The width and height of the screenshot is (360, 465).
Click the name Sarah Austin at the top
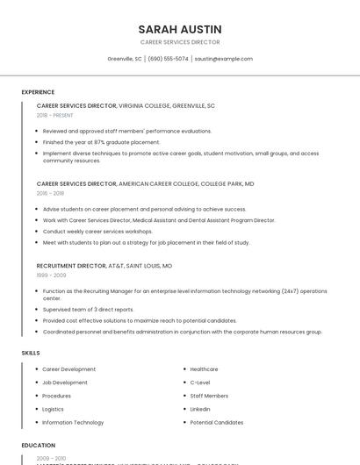180,29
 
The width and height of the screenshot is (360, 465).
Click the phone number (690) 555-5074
168,59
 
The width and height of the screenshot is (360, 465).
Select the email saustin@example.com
223,59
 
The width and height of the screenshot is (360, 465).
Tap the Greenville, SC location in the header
125,59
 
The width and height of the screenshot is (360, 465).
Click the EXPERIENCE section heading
38,92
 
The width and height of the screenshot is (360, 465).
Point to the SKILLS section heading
31,353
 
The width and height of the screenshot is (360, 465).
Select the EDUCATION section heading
39,445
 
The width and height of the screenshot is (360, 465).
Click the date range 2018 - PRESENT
54,115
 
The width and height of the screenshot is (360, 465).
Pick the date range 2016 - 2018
50,193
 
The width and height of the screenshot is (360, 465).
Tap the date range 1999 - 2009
51,275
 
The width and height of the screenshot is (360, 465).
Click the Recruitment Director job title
71,265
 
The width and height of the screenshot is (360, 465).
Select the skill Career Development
68,369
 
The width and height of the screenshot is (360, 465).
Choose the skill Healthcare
204,369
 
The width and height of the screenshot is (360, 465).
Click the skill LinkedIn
200,409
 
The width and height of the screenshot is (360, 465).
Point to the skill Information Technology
73,422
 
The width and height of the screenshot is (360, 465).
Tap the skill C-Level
200,383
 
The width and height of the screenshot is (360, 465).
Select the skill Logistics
53,409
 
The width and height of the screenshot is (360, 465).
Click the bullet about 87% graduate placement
101,142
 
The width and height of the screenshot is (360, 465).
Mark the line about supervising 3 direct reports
88,309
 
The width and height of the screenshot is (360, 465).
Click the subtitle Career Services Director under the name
180,42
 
